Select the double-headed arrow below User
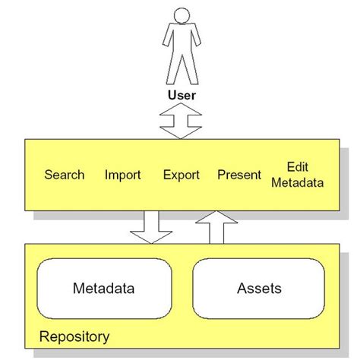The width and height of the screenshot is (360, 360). [x=181, y=122]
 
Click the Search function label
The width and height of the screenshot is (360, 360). [x=65, y=175]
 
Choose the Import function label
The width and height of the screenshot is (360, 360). [x=123, y=175]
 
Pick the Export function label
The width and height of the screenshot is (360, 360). [x=181, y=175]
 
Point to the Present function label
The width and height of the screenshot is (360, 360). [x=239, y=175]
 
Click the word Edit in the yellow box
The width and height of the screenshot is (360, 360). [x=297, y=167]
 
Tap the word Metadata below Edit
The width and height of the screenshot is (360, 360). [x=297, y=182]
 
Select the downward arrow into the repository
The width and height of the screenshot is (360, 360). [x=150, y=226]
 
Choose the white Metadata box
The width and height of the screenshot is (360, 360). [x=105, y=289]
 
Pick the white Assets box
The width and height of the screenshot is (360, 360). [x=259, y=289]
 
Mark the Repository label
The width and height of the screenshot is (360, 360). [x=74, y=336]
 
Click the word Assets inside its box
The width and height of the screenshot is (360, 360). [x=259, y=289]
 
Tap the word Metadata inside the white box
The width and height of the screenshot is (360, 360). [x=105, y=289]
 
